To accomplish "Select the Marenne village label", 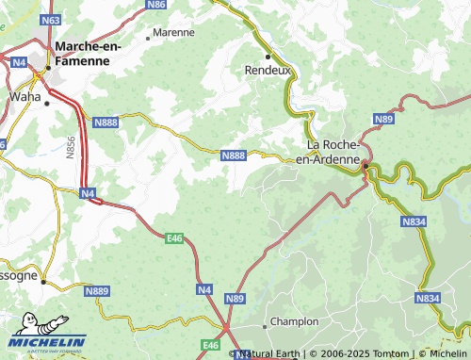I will [175, 32].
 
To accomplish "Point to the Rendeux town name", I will [265, 70].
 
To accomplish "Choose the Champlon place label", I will [295, 322].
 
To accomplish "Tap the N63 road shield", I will [53, 19].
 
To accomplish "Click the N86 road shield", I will [157, 5].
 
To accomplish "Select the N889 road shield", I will [97, 292].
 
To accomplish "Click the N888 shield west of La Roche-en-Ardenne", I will [234, 155].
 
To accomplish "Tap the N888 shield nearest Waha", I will [106, 122].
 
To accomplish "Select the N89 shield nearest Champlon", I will [235, 298].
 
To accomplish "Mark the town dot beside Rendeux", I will [268, 56].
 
